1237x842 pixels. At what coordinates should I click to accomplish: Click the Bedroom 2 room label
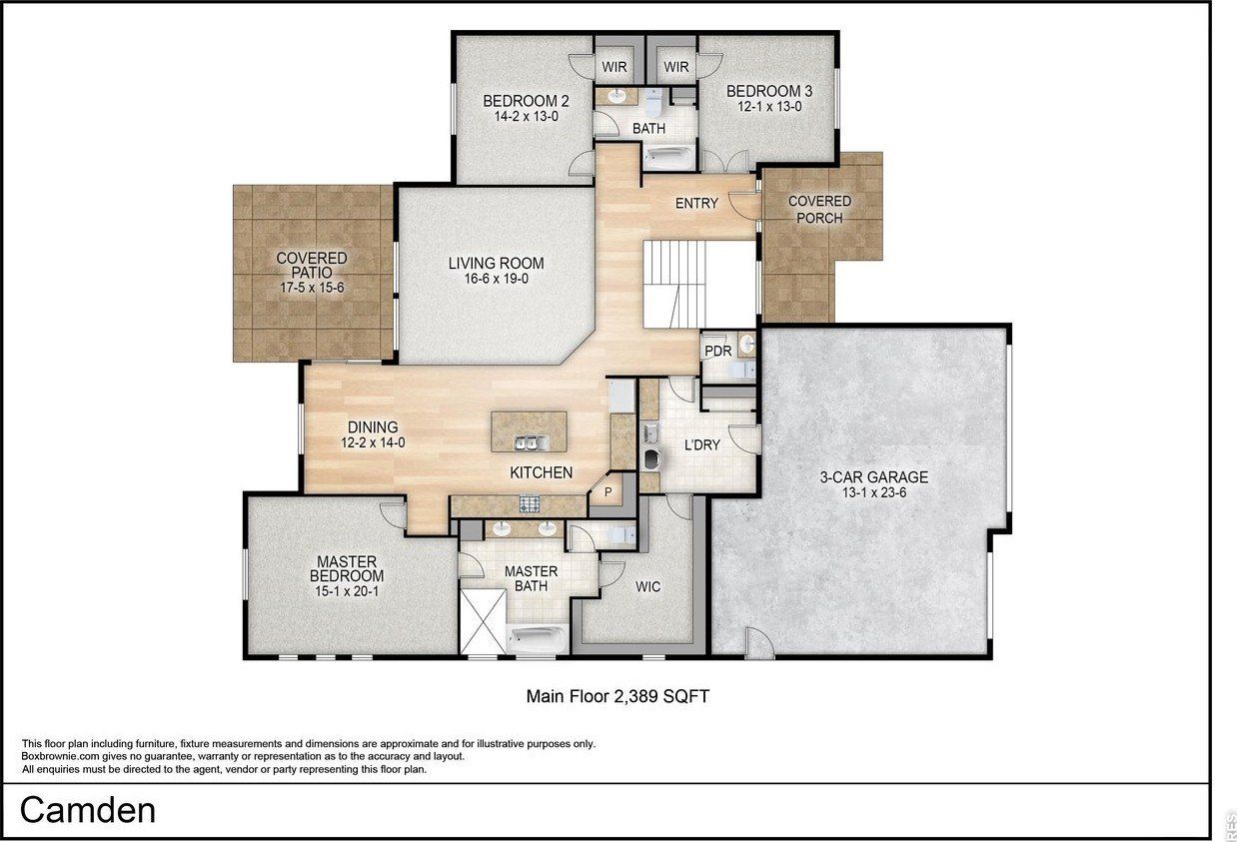(526, 101)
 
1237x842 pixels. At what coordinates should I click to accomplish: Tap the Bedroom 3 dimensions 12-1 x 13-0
(769, 106)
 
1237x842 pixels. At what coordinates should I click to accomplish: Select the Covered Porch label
(819, 209)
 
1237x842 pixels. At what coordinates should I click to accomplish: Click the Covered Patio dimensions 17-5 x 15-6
(312, 287)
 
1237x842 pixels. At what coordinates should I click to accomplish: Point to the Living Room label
(496, 264)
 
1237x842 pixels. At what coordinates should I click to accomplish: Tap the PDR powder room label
(717, 352)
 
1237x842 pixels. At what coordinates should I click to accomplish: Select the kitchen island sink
(529, 442)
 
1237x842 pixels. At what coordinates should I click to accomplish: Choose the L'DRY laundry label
(701, 445)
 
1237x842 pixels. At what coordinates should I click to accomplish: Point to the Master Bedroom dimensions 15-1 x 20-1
(346, 591)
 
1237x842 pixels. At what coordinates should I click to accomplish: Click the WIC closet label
(646, 586)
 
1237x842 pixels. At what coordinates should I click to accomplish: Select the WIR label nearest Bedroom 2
(614, 67)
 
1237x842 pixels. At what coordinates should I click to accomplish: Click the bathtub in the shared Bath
(668, 156)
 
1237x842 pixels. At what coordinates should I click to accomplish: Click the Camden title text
(88, 810)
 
